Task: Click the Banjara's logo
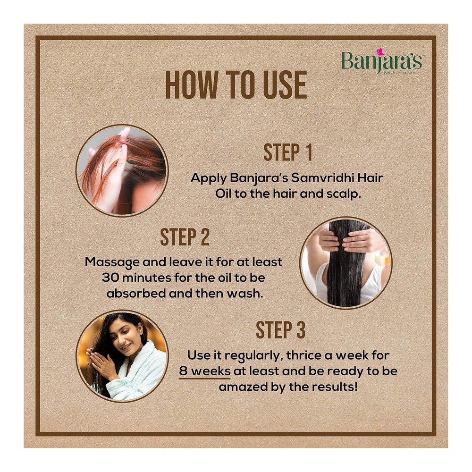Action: [x=382, y=61]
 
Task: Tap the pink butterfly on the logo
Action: [x=380, y=52]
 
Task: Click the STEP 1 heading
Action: [x=288, y=152]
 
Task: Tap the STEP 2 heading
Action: [x=185, y=237]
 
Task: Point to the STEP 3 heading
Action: [x=280, y=330]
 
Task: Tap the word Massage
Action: [x=113, y=262]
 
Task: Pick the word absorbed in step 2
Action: [x=136, y=293]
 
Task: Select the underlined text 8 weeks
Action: [x=205, y=371]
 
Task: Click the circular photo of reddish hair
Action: [x=122, y=171]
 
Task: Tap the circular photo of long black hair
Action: [x=346, y=262]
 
